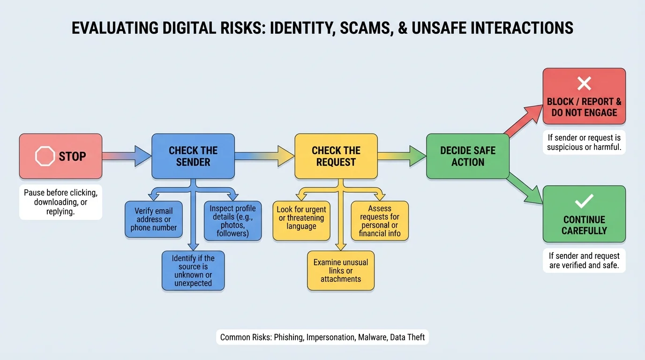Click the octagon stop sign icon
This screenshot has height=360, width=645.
(45, 157)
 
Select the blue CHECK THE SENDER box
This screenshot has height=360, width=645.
(193, 156)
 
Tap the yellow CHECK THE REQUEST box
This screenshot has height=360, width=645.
(336, 156)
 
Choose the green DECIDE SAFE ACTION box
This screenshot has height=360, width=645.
(467, 156)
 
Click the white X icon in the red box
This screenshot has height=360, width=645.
(584, 84)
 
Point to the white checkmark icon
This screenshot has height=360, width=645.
(584, 202)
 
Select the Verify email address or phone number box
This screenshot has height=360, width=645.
(154, 219)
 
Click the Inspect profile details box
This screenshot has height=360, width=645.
(232, 220)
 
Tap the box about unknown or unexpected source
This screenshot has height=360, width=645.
(193, 270)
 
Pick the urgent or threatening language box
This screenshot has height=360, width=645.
(301, 218)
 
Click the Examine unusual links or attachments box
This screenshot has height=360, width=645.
(341, 270)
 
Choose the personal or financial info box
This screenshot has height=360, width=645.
(380, 221)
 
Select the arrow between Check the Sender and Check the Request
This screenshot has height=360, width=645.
(264, 156)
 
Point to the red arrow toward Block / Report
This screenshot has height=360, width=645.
(523, 121)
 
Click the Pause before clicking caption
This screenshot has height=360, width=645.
(60, 202)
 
